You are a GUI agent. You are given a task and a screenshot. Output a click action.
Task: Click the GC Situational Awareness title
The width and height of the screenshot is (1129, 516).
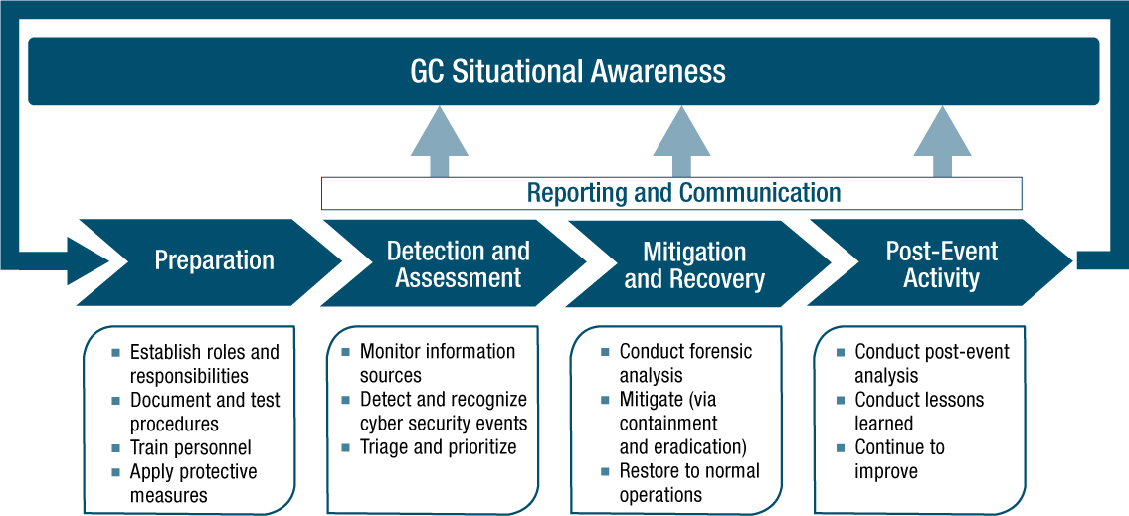point(568,72)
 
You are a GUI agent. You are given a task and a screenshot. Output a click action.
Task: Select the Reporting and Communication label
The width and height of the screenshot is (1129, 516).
point(683,192)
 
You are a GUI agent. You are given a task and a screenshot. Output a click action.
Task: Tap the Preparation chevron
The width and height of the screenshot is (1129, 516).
point(214,261)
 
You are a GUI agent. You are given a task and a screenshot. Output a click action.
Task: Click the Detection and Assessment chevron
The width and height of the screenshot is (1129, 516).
point(458,264)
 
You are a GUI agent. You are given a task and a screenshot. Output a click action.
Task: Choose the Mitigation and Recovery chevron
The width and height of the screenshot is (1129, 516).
point(694,265)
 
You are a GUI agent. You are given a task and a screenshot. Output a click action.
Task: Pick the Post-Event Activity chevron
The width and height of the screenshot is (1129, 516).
point(941,264)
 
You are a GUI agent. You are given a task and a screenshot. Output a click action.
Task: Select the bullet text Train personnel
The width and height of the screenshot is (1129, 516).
point(190,447)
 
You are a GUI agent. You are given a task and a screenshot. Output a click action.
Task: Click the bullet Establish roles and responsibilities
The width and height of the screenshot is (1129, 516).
point(204,364)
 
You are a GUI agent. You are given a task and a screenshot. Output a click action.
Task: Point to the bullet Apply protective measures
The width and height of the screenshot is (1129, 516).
point(193,483)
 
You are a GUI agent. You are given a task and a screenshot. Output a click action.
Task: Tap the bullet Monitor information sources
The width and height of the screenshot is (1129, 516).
point(437,363)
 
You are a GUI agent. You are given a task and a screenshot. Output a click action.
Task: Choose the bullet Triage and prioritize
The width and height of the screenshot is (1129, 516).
point(438,447)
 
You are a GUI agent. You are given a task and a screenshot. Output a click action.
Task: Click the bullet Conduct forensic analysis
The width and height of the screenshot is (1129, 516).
point(685,363)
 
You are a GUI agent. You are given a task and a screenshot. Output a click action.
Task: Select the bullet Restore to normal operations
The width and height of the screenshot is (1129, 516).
point(688,482)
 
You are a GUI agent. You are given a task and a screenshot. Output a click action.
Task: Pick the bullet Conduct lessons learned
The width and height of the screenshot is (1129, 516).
point(918,412)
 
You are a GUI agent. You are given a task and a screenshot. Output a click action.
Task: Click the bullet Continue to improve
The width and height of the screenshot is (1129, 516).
point(899,459)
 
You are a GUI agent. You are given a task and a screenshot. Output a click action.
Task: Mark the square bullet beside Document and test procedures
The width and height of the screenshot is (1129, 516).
point(116,401)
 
